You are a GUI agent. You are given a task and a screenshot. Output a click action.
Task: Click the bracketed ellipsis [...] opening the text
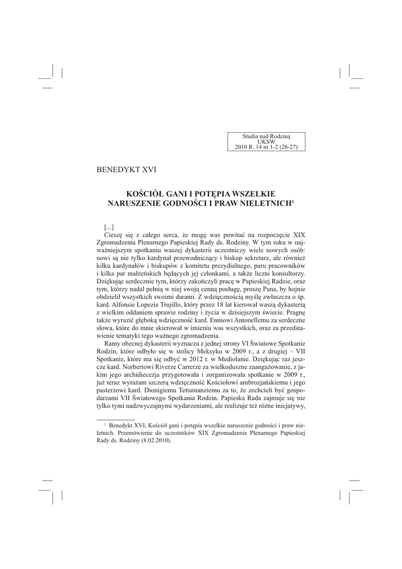coord(109,228)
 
